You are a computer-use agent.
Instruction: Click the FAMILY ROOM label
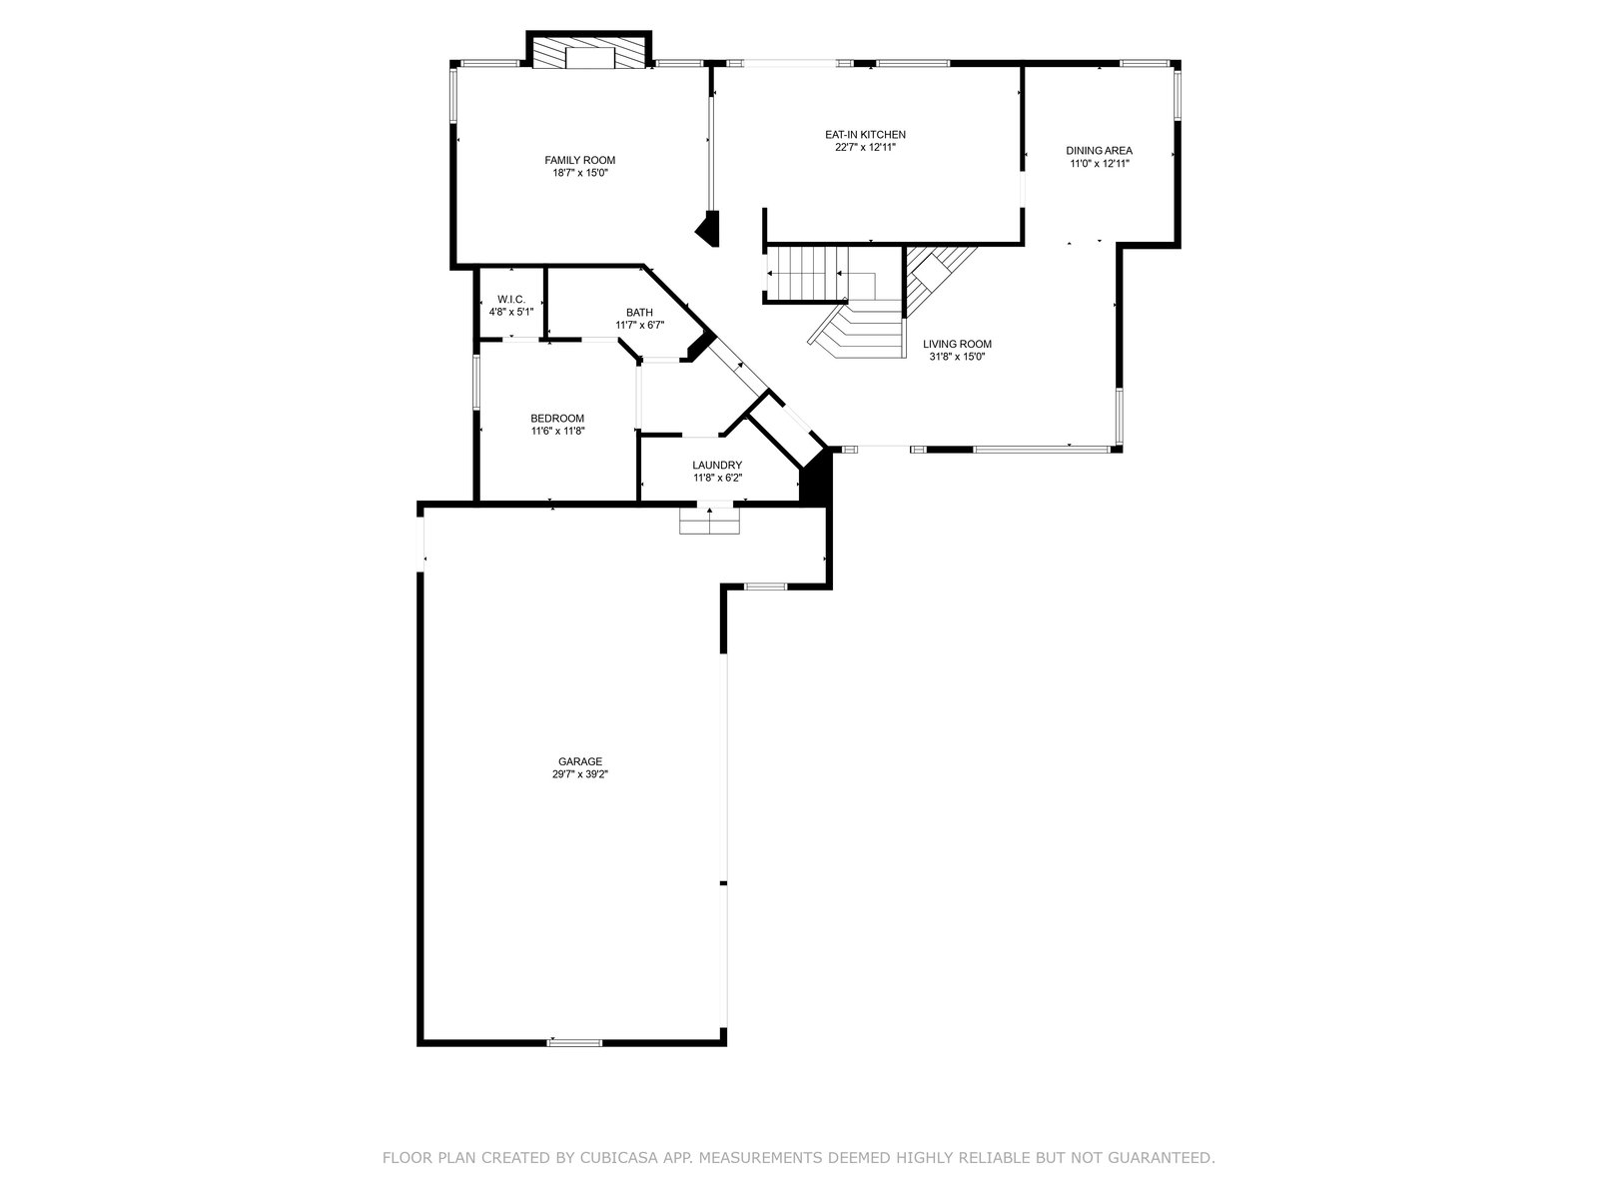[x=579, y=160]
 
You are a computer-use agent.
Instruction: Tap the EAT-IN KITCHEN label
[x=865, y=135]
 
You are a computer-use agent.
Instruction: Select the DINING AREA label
[x=1099, y=151]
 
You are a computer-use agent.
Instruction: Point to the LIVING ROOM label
[x=957, y=345]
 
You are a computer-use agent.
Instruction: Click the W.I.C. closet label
[x=511, y=299]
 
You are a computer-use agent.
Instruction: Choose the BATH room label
[x=639, y=313]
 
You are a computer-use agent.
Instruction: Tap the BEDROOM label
[x=557, y=419]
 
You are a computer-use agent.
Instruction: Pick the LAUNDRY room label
[x=717, y=466]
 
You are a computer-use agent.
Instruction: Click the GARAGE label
[x=580, y=761]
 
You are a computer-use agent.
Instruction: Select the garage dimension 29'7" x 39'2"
[x=580, y=774]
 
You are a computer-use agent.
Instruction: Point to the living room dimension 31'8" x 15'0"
[x=957, y=357]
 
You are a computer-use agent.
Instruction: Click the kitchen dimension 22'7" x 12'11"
[x=865, y=147]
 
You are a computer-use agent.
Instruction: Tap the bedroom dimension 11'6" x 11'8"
[x=557, y=431]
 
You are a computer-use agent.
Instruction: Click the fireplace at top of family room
[x=588, y=50]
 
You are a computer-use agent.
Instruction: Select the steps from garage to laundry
[x=709, y=521]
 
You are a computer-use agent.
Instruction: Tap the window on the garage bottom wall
[x=574, y=1043]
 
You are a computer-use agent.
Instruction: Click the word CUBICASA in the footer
[x=617, y=1157]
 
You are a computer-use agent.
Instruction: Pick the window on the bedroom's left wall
[x=476, y=383]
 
